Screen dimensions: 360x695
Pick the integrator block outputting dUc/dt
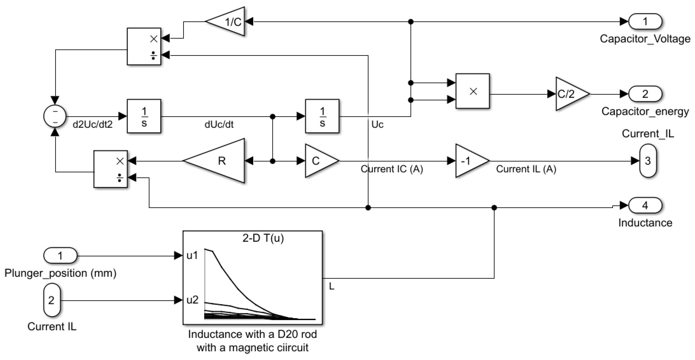(x=144, y=116)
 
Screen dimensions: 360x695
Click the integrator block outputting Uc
(x=322, y=116)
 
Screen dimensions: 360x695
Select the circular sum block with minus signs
(x=55, y=116)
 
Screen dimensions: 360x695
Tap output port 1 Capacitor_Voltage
(x=645, y=22)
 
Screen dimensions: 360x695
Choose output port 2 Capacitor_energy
(x=645, y=94)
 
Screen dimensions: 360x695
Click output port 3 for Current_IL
(x=648, y=161)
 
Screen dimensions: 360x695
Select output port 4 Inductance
(x=645, y=206)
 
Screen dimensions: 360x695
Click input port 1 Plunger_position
(x=60, y=255)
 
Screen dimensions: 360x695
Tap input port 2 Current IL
(x=51, y=300)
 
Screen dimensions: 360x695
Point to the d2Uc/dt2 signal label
(x=92, y=125)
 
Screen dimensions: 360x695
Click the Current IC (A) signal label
(x=392, y=169)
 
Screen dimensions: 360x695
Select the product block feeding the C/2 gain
(x=472, y=91)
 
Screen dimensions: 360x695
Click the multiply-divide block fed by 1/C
(x=144, y=46)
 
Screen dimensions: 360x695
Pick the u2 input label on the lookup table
(x=192, y=300)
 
